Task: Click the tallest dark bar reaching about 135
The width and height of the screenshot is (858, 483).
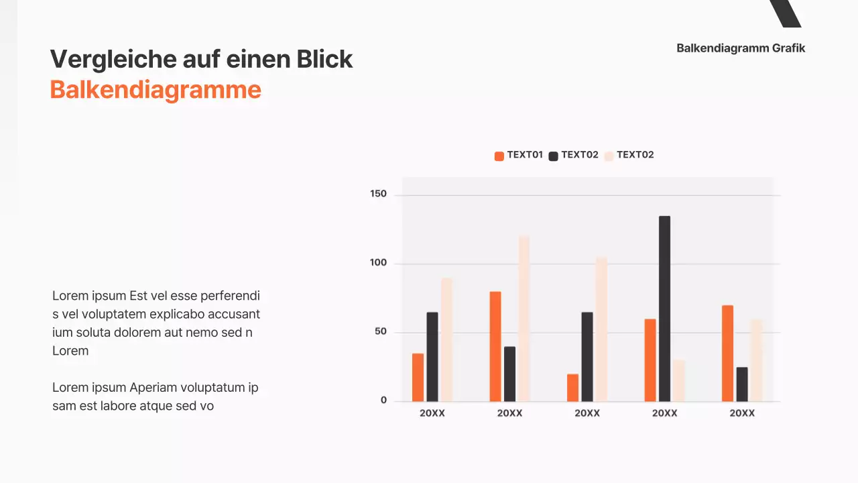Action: click(x=664, y=309)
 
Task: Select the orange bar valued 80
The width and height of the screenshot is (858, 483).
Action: click(x=495, y=346)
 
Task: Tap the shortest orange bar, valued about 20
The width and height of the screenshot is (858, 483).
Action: click(x=572, y=387)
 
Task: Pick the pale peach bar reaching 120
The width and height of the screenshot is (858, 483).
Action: click(x=524, y=319)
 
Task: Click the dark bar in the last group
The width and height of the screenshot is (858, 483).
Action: click(x=742, y=384)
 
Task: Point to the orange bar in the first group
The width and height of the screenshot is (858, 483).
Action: click(x=418, y=377)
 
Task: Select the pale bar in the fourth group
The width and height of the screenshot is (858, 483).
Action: click(x=679, y=380)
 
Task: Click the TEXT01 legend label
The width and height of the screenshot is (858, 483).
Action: click(x=525, y=155)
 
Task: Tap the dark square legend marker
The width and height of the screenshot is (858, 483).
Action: click(x=554, y=156)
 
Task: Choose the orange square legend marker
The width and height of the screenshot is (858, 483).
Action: click(x=499, y=156)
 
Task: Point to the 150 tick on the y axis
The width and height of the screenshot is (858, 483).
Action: click(x=379, y=194)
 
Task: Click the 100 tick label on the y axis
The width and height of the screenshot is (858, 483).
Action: click(x=379, y=263)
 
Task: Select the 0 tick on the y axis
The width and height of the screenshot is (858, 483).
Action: click(x=383, y=400)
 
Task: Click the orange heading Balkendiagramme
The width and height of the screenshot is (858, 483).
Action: click(x=156, y=90)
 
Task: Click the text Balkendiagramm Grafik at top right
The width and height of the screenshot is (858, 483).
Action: click(x=741, y=48)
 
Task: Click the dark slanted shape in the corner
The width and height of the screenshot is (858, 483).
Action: click(x=786, y=13)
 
